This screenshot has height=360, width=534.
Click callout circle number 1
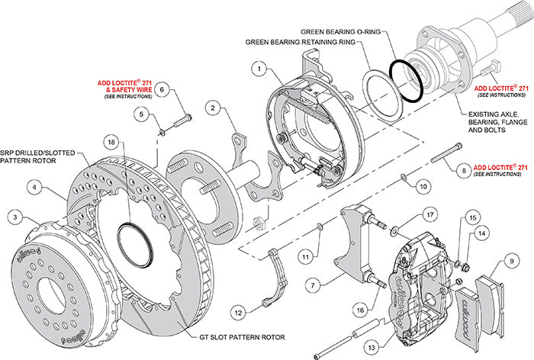[260, 69]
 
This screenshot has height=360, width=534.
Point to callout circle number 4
[35, 185]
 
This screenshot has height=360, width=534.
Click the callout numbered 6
[162, 89]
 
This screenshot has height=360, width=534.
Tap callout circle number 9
[503, 266]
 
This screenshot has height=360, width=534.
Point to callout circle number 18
[113, 143]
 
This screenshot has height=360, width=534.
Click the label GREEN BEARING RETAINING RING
[301, 43]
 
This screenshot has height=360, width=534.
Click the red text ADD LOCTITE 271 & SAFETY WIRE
[124, 89]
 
